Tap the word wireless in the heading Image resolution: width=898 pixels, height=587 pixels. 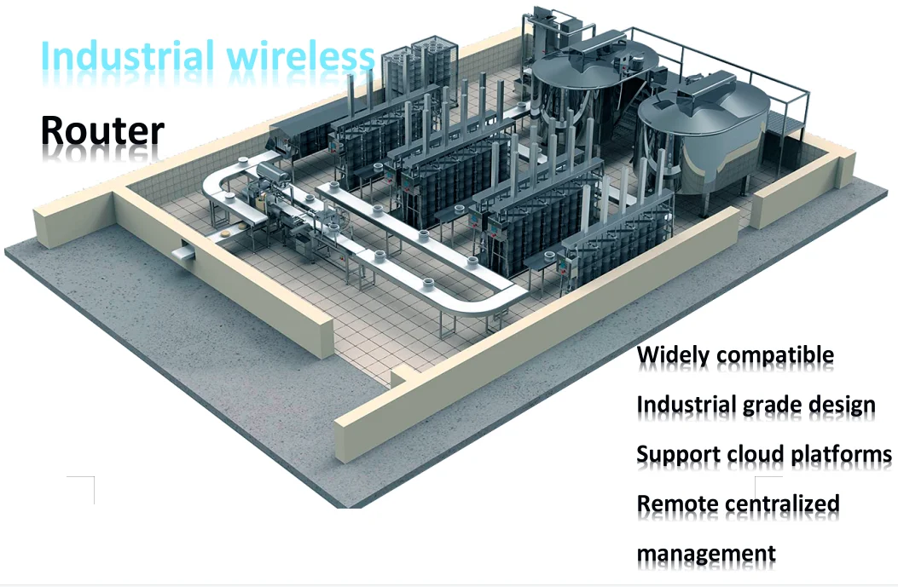tap(301, 56)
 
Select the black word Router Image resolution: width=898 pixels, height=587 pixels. tap(103, 130)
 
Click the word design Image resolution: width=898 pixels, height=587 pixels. tap(841, 405)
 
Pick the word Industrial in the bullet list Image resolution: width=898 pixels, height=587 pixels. tap(687, 405)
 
